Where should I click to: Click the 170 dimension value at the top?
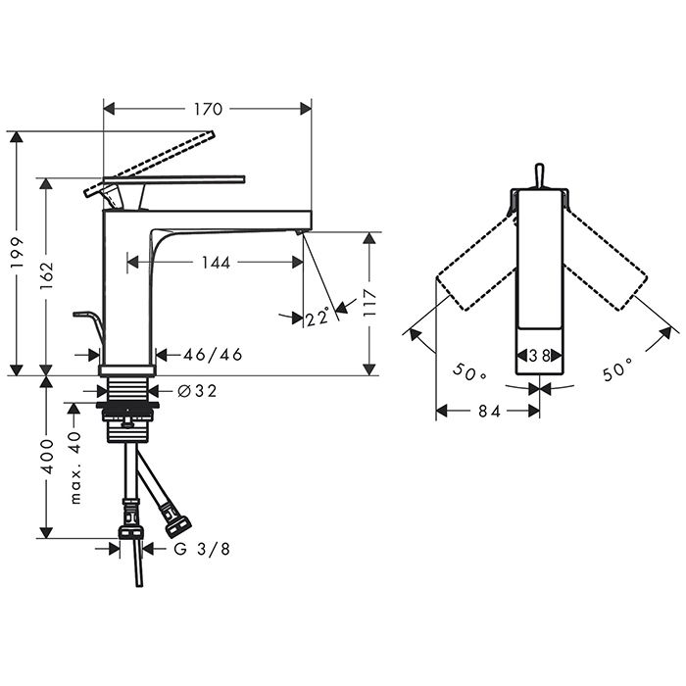208,109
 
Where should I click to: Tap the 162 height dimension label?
46,275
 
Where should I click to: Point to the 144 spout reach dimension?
217,263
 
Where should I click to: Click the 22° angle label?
318,318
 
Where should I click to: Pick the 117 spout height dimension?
369,303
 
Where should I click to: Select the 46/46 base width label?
213,355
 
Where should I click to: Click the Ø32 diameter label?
197,391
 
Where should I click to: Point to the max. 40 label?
75,467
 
